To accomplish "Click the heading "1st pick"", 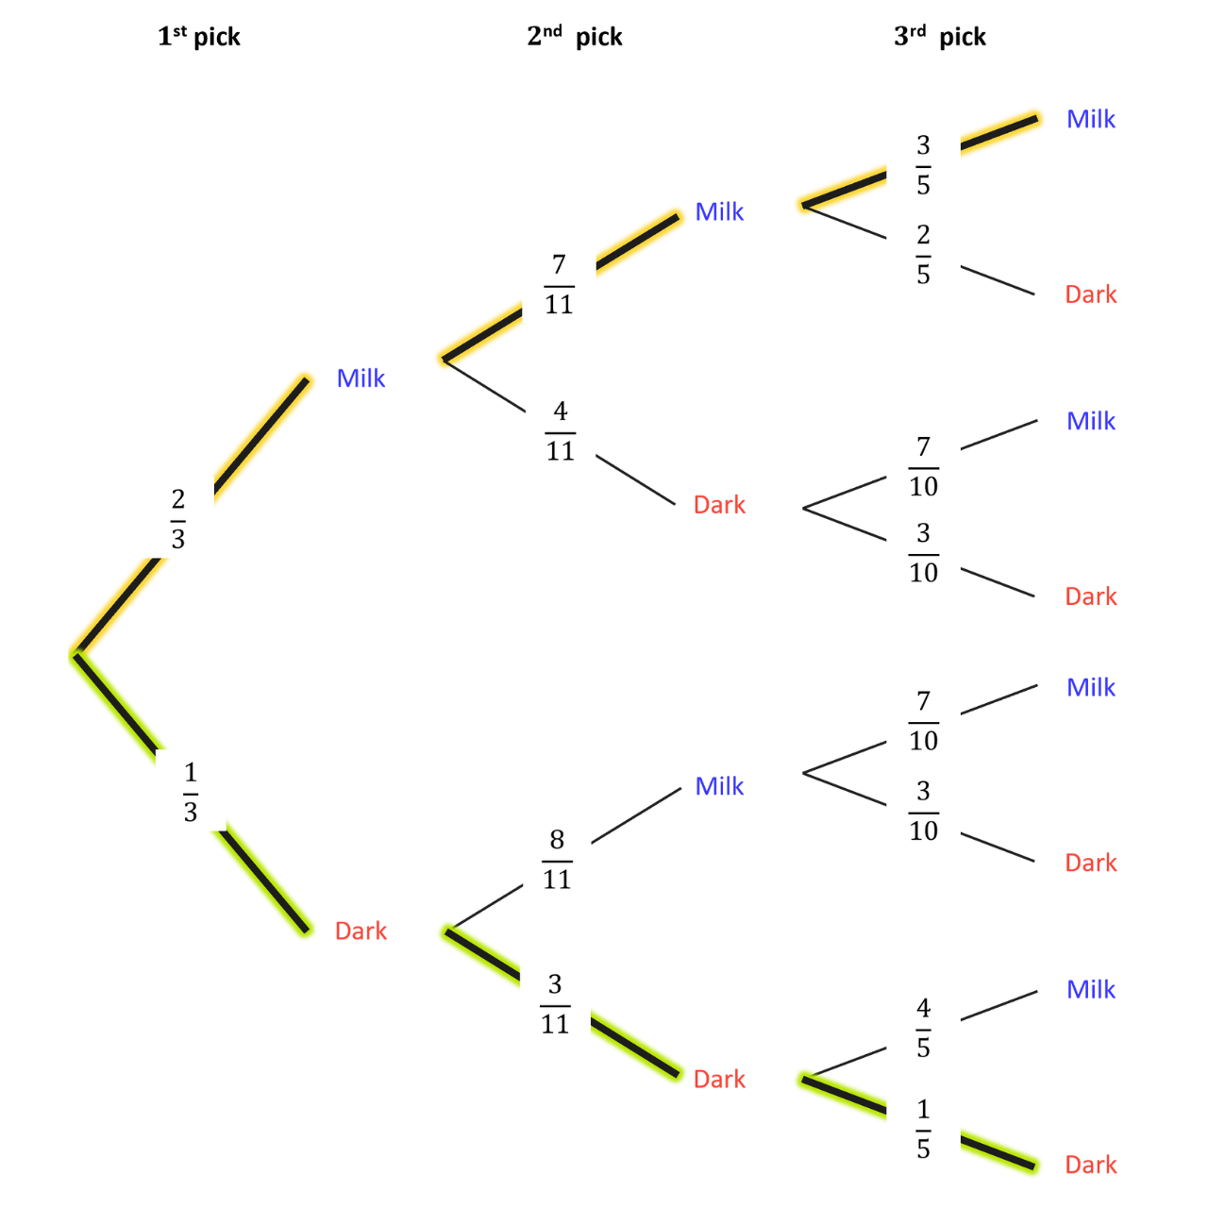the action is point(199,37).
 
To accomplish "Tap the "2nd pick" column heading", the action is point(574,37).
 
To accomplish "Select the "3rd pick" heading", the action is point(939,37).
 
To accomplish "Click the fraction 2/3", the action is point(178,519).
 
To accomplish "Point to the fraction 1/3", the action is point(191,792).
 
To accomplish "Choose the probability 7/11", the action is point(559,284).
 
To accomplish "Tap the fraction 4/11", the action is point(560,430).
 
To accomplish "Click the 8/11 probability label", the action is point(557,860).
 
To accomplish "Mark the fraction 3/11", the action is point(555,1003).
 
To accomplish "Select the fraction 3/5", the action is point(923,165).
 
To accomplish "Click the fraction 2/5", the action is point(923,254).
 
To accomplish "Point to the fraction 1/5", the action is point(923,1129).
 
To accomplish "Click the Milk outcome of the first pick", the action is point(361,378).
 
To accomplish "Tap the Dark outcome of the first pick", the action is point(361,931).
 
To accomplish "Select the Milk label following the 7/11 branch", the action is point(719,211).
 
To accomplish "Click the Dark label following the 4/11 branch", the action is point(719,505).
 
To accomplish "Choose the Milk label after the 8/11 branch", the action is point(719,785).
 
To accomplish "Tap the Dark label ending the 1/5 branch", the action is point(1091,1165).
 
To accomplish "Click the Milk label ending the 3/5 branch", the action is point(1091,119).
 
